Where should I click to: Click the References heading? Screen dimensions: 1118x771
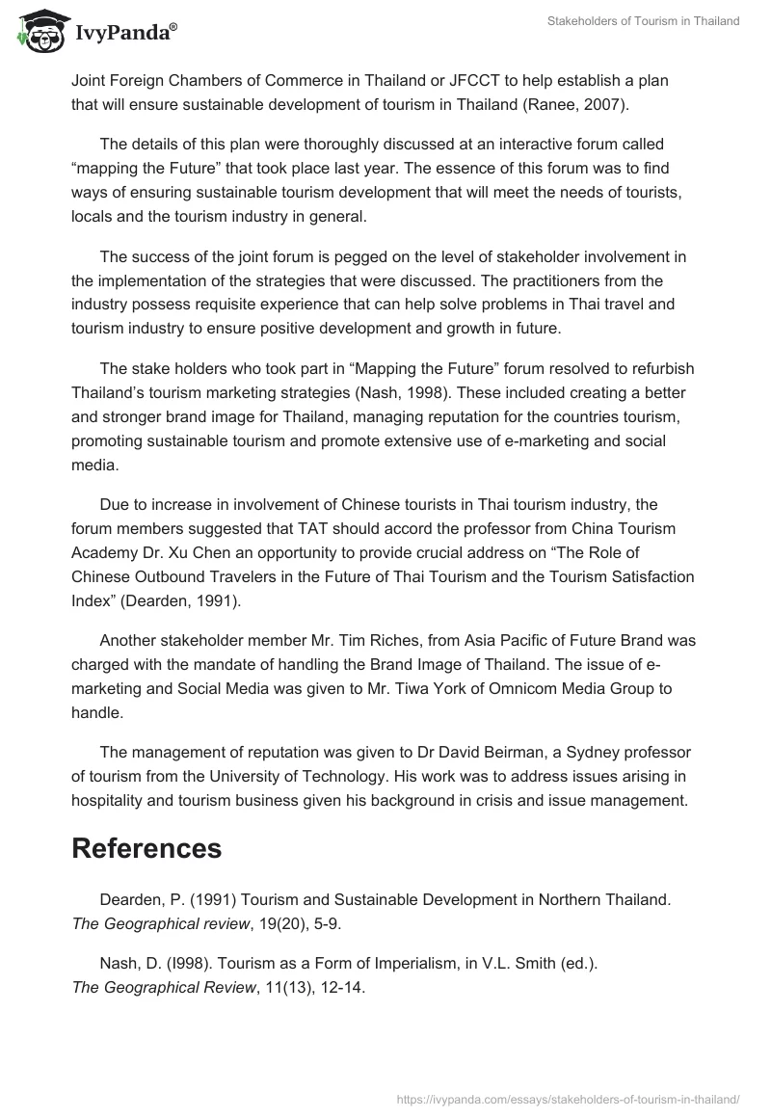coord(146,848)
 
